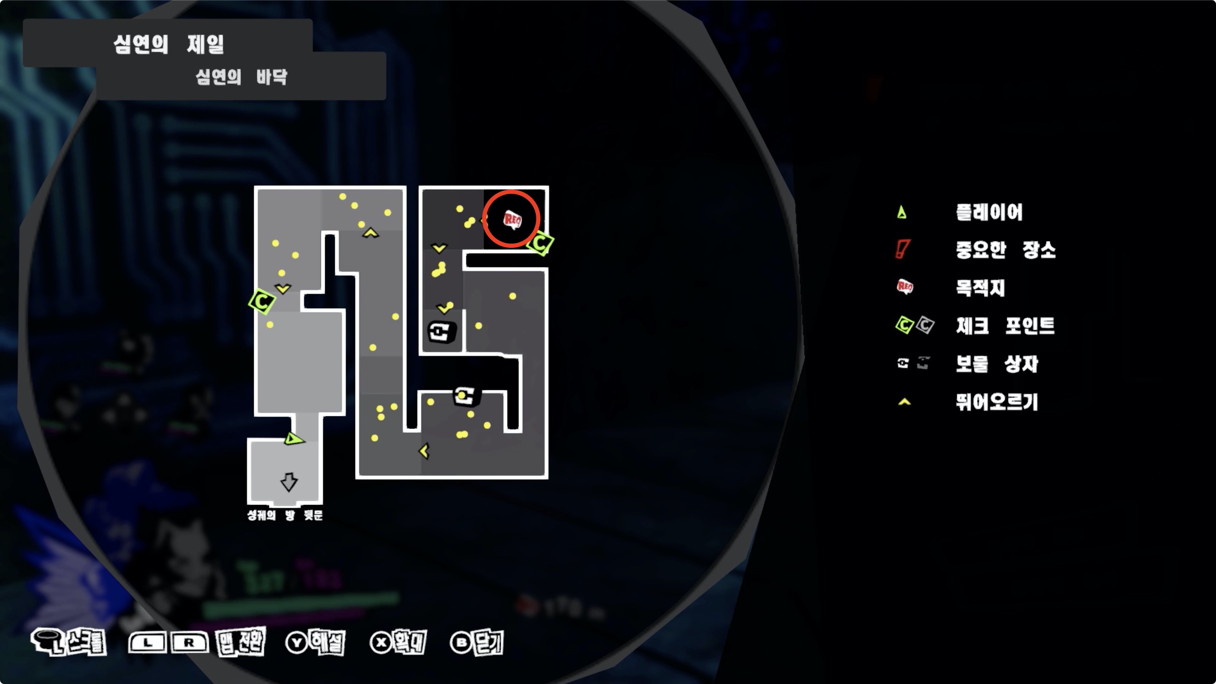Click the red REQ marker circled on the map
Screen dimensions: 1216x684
pyautogui.click(x=512, y=220)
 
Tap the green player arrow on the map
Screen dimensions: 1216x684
pyautogui.click(x=293, y=440)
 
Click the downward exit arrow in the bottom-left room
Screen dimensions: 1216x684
pyautogui.click(x=289, y=482)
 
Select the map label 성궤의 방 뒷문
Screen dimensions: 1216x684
pyautogui.click(x=285, y=515)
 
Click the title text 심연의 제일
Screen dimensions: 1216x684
pyautogui.click(x=168, y=45)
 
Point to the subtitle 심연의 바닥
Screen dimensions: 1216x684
pyautogui.click(x=241, y=77)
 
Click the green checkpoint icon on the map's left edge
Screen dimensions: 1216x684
pyautogui.click(x=262, y=301)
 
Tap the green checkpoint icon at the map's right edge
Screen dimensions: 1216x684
pyautogui.click(x=540, y=244)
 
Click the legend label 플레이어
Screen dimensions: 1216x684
pyautogui.click(x=989, y=212)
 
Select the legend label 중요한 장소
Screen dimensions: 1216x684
pyautogui.click(x=1005, y=250)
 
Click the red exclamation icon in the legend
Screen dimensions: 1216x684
pyautogui.click(x=902, y=249)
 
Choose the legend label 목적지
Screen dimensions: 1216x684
pyautogui.click(x=980, y=288)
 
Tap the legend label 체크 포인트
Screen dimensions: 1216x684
pyautogui.click(x=1005, y=326)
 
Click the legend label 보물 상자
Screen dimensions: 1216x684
pyautogui.click(x=997, y=364)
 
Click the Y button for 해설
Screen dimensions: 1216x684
pyautogui.click(x=297, y=643)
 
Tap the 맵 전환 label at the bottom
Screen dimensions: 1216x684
pyautogui.click(x=241, y=642)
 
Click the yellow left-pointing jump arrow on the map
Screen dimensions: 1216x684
pyautogui.click(x=424, y=451)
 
